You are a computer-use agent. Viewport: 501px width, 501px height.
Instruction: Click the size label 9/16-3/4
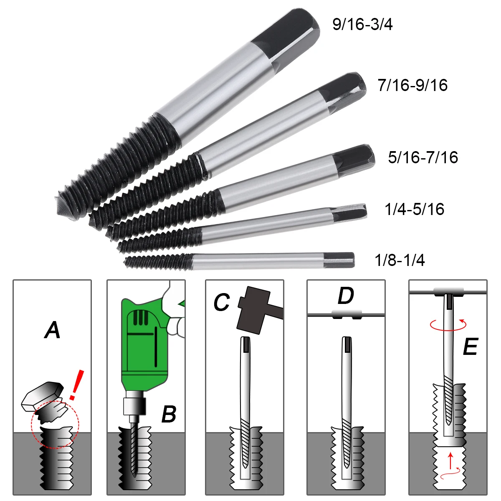362,25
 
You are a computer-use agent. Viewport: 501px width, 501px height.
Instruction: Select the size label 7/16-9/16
412,85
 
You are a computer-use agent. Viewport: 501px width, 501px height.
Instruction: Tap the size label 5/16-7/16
423,157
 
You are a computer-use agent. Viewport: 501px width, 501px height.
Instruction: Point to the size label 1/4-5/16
414,209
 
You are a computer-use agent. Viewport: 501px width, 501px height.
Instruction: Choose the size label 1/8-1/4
400,261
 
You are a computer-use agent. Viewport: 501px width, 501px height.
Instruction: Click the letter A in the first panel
52,330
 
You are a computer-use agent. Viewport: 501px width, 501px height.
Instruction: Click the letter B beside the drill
169,415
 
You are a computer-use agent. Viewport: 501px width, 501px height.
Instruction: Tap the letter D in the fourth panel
346,296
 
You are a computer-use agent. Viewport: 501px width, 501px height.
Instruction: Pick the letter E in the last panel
470,347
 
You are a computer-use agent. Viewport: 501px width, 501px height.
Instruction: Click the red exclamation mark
76,385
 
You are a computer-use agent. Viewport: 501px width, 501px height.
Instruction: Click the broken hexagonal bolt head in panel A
42,395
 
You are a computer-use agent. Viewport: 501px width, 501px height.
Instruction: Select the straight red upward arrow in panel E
449,460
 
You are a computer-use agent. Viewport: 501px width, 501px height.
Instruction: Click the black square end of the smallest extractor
339,260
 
